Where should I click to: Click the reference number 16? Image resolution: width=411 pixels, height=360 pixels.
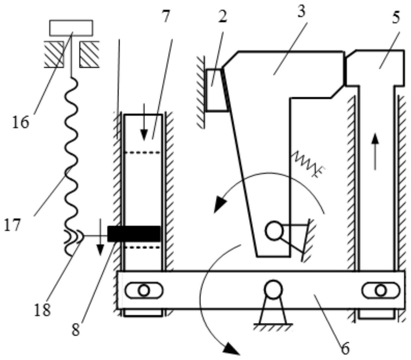[21, 122]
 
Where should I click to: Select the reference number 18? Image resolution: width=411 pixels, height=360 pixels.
[42, 310]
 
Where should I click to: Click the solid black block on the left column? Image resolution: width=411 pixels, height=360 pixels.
[134, 234]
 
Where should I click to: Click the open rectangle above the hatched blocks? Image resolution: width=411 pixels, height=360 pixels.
[71, 28]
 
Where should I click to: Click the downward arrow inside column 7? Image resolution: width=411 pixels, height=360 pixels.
[144, 122]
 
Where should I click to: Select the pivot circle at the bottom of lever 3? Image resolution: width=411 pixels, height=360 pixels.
[274, 231]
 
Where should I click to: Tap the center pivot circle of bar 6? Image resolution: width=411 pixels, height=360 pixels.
[273, 290]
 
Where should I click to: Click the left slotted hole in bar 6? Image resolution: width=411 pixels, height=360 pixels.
[144, 290]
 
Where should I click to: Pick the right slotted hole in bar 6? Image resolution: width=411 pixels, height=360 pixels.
[381, 290]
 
